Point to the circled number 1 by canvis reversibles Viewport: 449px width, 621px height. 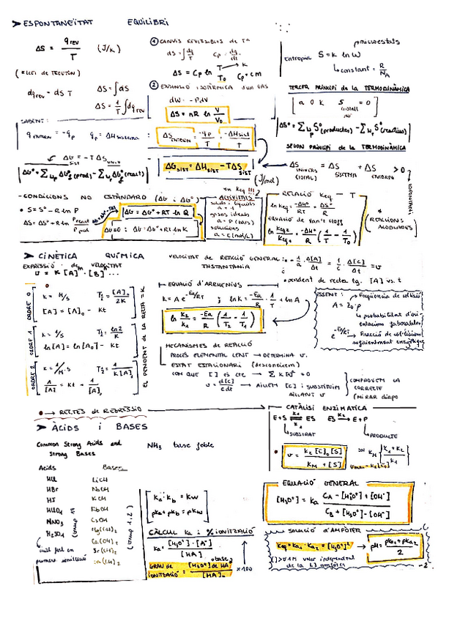[153, 42]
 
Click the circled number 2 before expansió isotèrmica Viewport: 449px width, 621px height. [153, 85]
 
